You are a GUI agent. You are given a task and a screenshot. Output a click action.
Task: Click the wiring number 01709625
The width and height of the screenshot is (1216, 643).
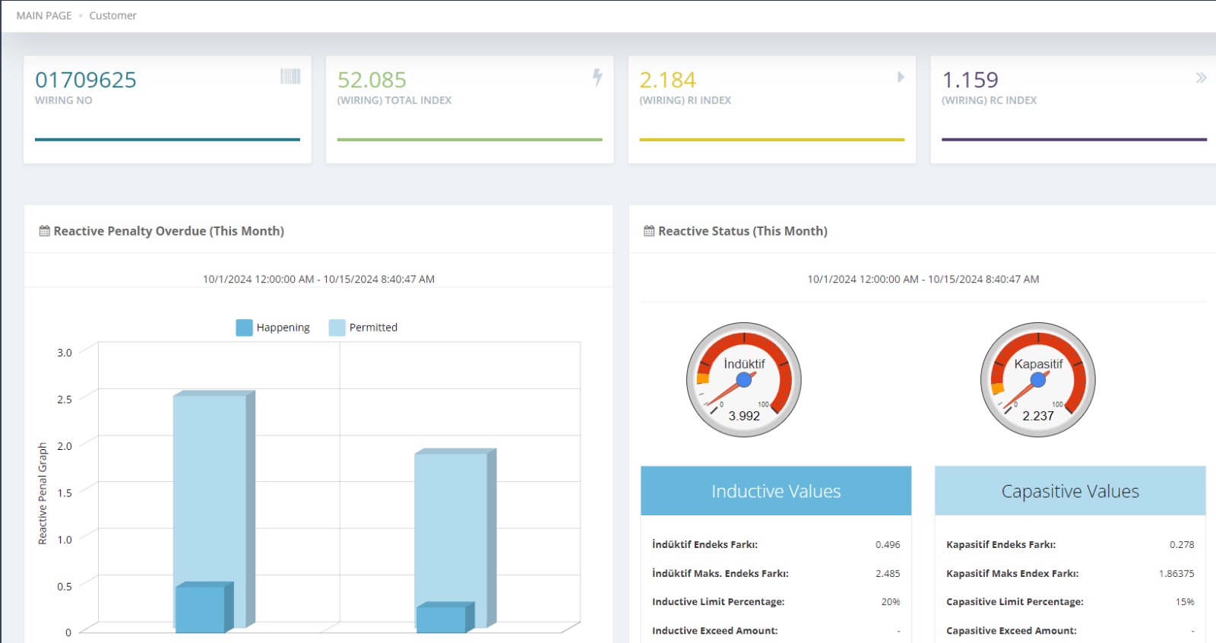[86, 80]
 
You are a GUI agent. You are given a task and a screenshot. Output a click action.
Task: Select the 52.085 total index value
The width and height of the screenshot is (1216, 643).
[372, 80]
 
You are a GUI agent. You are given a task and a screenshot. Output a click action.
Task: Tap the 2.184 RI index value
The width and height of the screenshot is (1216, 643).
[667, 80]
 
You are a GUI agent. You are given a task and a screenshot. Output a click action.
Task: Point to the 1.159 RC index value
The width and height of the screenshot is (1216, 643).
[970, 80]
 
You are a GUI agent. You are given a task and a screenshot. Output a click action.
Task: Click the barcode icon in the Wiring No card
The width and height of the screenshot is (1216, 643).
[290, 76]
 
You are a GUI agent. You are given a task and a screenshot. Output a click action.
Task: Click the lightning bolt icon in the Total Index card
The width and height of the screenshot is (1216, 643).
[597, 77]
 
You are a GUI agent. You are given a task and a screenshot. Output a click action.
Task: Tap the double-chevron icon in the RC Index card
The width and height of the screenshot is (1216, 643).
[1201, 78]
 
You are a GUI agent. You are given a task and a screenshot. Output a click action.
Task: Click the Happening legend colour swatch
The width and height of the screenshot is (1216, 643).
[244, 328]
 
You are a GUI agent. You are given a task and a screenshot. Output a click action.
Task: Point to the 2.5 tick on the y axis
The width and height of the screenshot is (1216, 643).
[65, 399]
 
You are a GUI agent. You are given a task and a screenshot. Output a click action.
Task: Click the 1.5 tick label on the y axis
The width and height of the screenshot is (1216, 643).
[65, 493]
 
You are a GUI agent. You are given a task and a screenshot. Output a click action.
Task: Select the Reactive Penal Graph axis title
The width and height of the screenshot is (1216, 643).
[43, 493]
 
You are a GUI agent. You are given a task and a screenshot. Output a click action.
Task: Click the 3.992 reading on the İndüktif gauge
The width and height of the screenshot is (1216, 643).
[744, 416]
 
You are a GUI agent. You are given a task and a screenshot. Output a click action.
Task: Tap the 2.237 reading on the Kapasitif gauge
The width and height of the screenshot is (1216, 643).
[1038, 416]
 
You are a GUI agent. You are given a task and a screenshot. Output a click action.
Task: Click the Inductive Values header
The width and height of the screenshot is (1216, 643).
[776, 491]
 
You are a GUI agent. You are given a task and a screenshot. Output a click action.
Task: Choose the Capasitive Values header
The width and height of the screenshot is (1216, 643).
[1070, 491]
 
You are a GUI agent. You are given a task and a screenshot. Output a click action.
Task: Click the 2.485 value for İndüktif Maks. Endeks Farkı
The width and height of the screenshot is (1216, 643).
[888, 573]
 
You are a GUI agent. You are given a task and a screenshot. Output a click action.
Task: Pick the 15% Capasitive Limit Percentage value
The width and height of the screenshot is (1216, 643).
[1185, 602]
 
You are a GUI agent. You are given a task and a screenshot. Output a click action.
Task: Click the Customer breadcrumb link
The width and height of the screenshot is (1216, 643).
[112, 15]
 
